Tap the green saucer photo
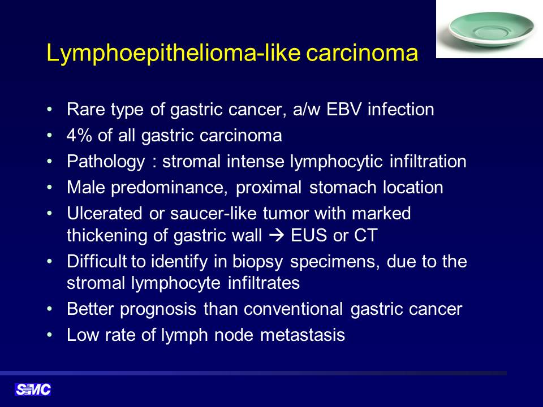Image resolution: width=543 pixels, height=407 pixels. pos(489,29)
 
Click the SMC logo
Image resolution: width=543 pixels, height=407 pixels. pos(33,389)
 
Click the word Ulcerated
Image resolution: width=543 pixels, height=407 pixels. pos(104,213)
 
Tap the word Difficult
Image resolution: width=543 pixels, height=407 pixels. pos(97,261)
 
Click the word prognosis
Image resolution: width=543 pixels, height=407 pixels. pos(158,309)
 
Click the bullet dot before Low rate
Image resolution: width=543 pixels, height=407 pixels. pos(50,335)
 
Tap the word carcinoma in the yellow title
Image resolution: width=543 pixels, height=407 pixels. pos(362,54)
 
